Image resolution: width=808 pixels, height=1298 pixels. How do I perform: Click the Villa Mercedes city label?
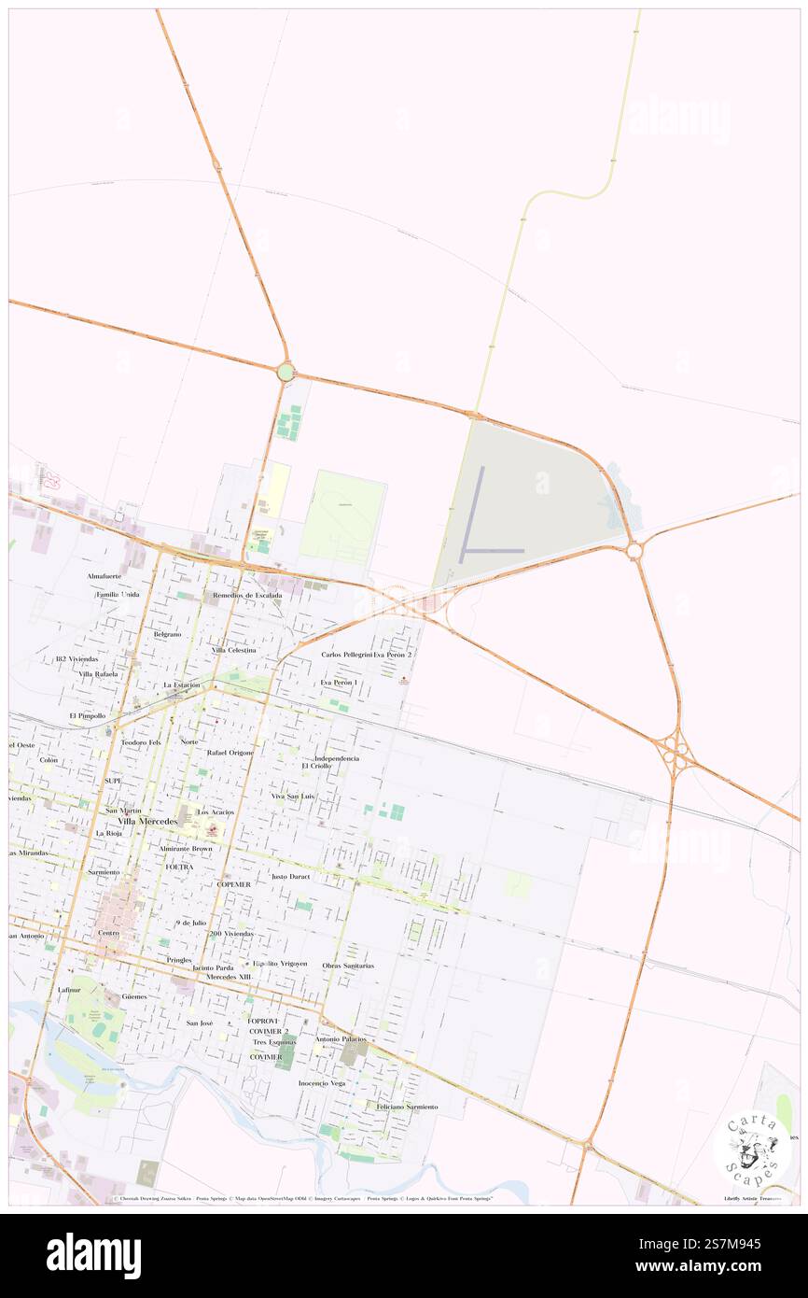coord(146,821)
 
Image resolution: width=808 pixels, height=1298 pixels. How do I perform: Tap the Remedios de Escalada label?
coord(247,595)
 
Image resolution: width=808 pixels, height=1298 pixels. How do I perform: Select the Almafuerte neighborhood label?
coord(104,576)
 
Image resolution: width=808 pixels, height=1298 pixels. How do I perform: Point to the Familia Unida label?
coord(118,594)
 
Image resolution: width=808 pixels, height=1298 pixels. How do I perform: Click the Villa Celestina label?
coord(233,649)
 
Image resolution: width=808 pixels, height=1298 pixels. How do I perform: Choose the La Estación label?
coord(182,684)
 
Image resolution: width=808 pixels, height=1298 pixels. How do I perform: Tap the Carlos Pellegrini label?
coord(346,655)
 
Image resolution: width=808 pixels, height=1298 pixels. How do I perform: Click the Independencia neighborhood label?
coord(337,758)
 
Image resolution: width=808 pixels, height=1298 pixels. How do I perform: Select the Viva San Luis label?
coord(293,796)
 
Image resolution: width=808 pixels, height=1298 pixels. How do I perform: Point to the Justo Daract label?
coord(289,877)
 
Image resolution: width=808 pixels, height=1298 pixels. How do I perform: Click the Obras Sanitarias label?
coord(348,965)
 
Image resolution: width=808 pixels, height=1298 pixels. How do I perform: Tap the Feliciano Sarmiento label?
coord(407,1106)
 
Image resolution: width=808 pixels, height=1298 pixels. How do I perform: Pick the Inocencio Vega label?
coord(322,1083)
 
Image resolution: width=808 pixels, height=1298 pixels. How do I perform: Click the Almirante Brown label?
coord(186,848)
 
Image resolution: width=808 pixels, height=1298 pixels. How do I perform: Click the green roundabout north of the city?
coord(286,372)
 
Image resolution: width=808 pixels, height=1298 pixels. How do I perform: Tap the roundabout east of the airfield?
coord(634,551)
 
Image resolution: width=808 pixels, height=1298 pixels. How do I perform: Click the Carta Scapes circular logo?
coord(751,1148)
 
